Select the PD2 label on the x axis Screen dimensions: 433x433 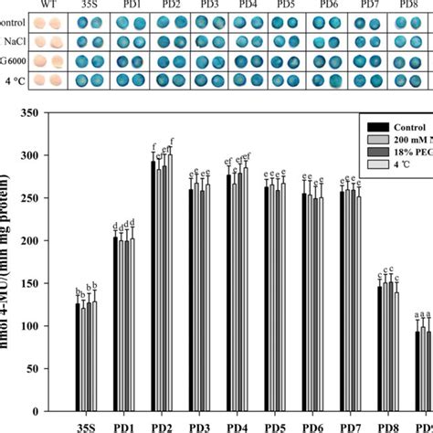[x=163, y=426]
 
